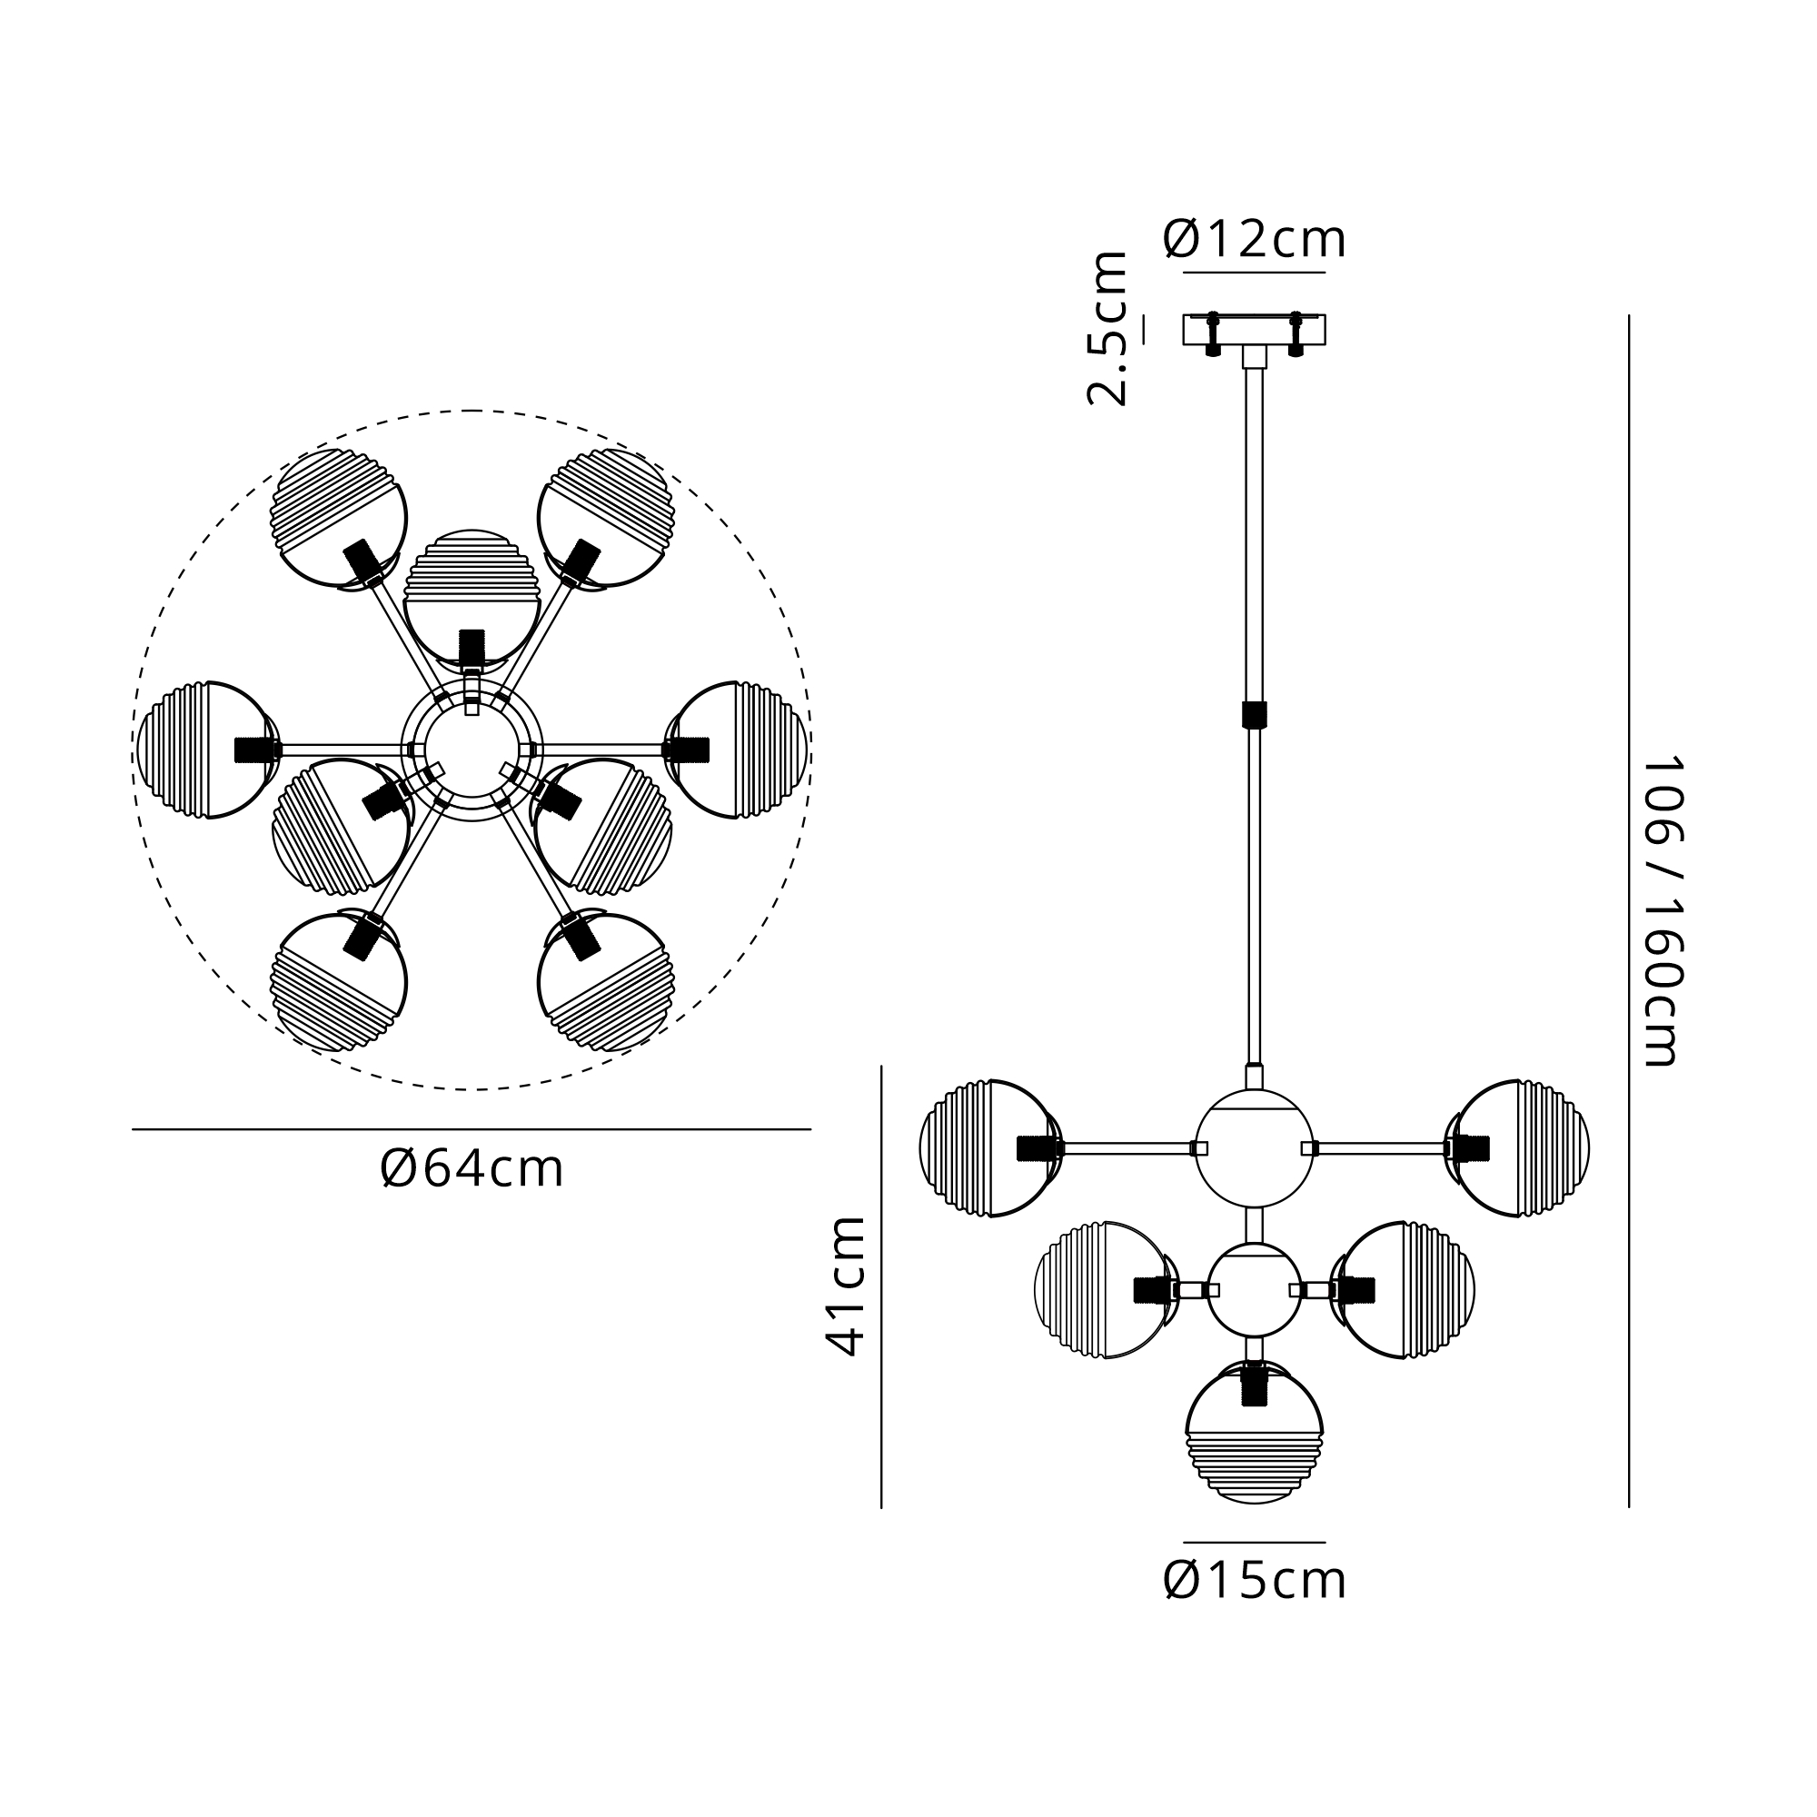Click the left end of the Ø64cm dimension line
point(133,1128)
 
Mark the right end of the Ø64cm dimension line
point(810,1128)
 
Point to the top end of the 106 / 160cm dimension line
point(1628,316)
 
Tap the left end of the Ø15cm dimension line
point(1184,1543)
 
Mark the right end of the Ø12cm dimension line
point(1326,273)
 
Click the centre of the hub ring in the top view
point(472,750)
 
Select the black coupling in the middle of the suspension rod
point(1254,715)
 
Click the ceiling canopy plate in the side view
point(1254,330)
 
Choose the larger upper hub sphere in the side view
point(1254,1148)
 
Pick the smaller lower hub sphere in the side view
point(1254,1290)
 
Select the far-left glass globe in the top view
point(208,750)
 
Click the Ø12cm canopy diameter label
point(1255,239)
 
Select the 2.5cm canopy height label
point(1107,328)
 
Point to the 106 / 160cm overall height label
point(1661,911)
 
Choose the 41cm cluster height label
point(846,1286)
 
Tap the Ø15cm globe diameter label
point(1255,1581)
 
